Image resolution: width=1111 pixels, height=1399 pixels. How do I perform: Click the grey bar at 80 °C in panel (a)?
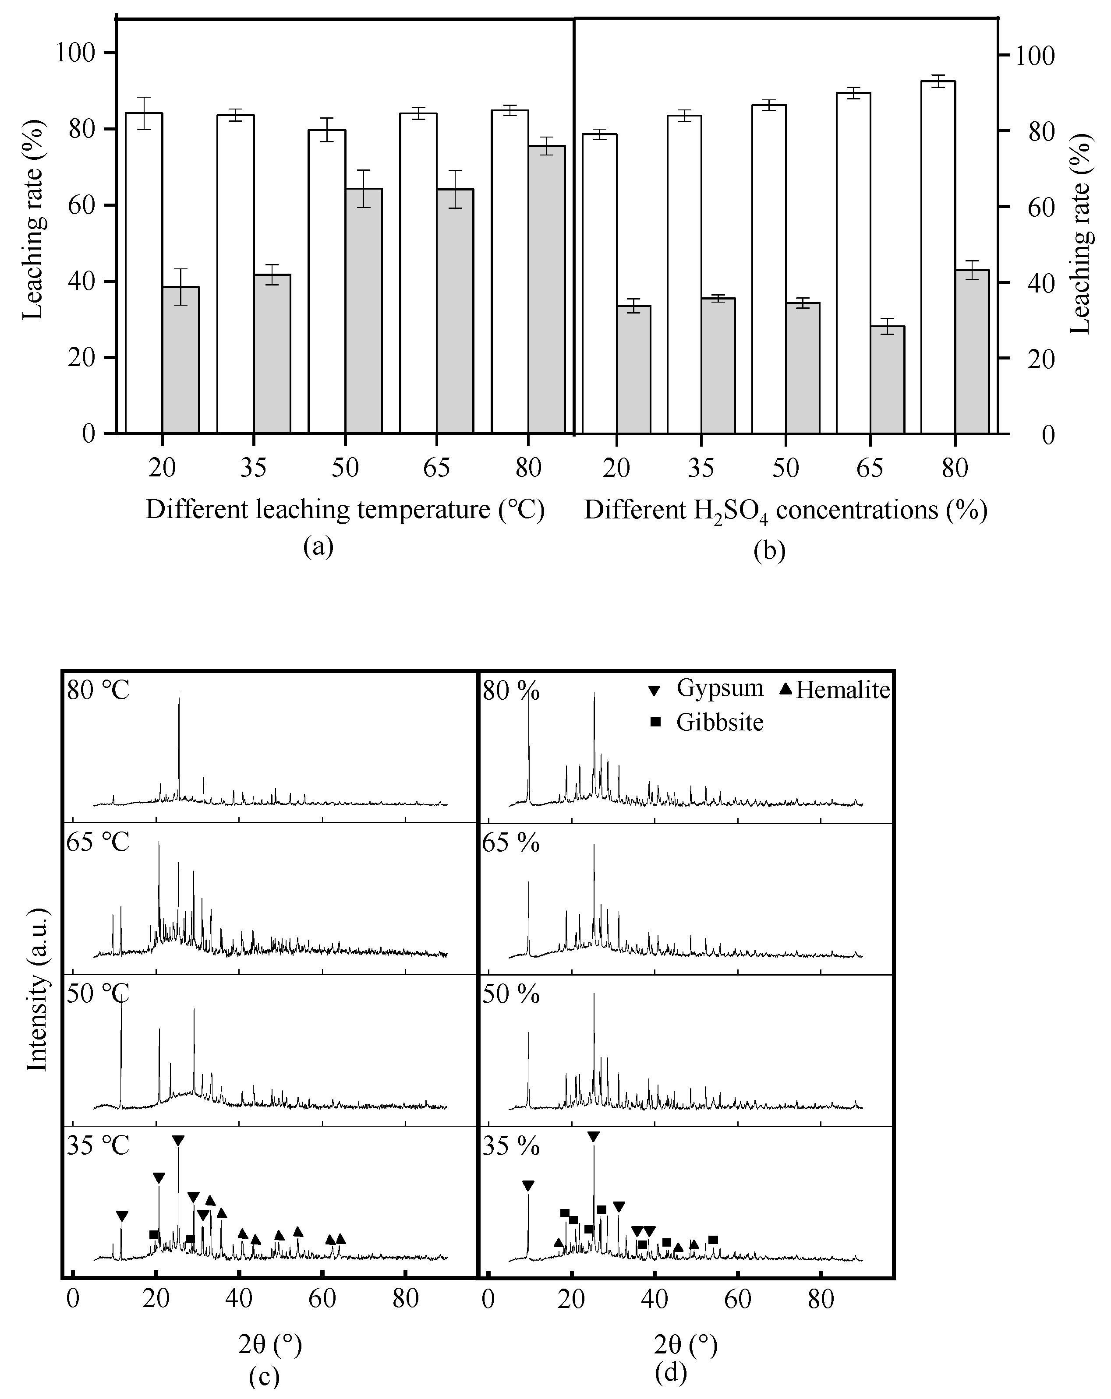pyautogui.click(x=546, y=289)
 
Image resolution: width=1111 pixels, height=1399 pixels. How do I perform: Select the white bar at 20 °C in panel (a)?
pyautogui.click(x=144, y=272)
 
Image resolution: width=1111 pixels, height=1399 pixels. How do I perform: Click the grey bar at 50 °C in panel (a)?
pyautogui.click(x=364, y=311)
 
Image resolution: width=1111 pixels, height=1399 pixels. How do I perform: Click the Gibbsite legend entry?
pyautogui.click(x=708, y=722)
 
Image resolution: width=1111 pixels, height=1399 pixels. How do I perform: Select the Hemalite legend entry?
pyautogui.click(x=835, y=689)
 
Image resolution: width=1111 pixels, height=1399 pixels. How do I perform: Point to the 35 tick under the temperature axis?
pyautogui.click(x=253, y=468)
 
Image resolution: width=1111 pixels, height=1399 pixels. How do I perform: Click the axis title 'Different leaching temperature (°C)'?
pyautogui.click(x=345, y=509)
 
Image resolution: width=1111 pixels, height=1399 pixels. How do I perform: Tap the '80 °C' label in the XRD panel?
pyautogui.click(x=98, y=690)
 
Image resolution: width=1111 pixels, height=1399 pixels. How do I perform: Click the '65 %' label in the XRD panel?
pyautogui.click(x=511, y=843)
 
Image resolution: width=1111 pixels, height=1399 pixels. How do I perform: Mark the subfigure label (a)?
pyautogui.click(x=318, y=547)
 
